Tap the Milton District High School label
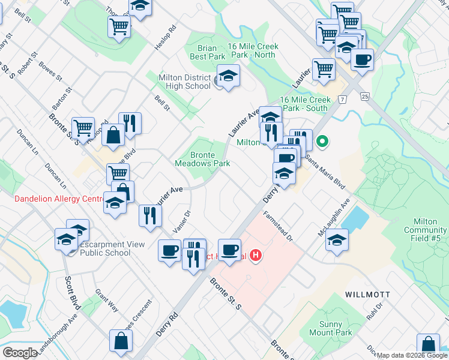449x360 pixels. (x=184, y=82)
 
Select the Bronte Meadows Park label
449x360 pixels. (x=202, y=158)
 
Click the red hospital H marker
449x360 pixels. (x=256, y=256)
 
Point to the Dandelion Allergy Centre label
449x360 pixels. (x=55, y=199)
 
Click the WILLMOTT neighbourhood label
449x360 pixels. (x=368, y=295)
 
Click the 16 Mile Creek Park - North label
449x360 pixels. (x=252, y=50)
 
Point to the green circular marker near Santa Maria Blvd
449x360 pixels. (x=322, y=142)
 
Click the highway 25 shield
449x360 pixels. (x=364, y=96)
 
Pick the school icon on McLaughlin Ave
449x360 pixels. (x=337, y=240)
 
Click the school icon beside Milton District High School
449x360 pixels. (x=228, y=76)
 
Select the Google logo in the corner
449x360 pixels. (x=19, y=353)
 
